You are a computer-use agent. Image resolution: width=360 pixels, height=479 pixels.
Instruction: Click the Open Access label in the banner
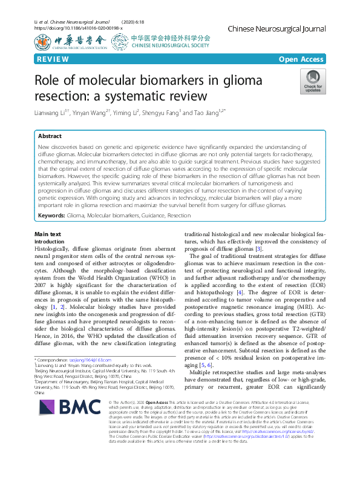click(301, 59)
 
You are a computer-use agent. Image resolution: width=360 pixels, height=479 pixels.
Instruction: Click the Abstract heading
click(50, 136)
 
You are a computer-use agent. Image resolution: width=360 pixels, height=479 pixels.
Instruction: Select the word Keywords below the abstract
click(51, 215)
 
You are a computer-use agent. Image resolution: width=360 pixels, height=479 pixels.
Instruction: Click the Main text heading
click(48, 234)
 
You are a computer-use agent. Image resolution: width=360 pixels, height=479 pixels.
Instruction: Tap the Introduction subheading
click(51, 241)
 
